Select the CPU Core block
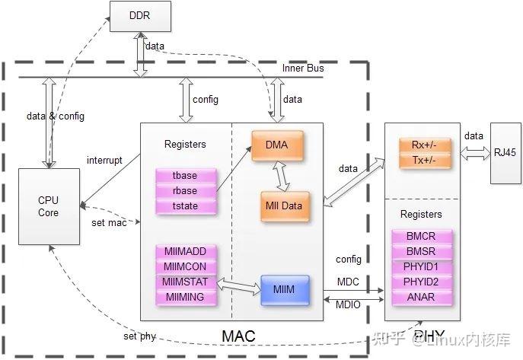tap(48, 207)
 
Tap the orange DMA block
tap(277, 145)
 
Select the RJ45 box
tap(505, 152)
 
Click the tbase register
tap(185, 176)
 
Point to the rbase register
tap(185, 190)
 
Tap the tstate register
tap(185, 205)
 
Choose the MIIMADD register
tap(185, 251)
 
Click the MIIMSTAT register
tap(185, 282)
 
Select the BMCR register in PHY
tap(421, 237)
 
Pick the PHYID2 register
tap(421, 282)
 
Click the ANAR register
tap(421, 297)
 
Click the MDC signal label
tap(348, 282)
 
